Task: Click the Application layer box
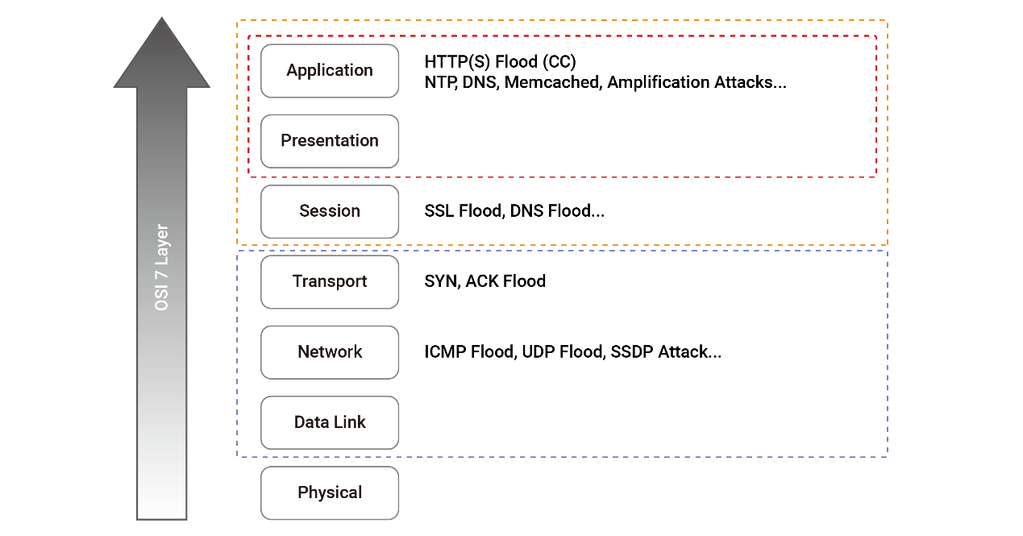(x=329, y=71)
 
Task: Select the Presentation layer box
(x=329, y=141)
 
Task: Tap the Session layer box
(x=329, y=211)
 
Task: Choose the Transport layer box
(x=329, y=281)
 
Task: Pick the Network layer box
(x=329, y=352)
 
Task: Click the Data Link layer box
(x=329, y=422)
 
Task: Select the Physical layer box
(x=329, y=492)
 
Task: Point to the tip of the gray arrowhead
(x=161, y=18)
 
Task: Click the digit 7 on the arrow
(x=161, y=275)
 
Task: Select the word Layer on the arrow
(x=161, y=245)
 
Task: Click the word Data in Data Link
(x=310, y=422)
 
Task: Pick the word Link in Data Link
(x=350, y=422)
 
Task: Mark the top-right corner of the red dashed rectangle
(x=876, y=35)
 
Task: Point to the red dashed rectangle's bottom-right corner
(x=876, y=175)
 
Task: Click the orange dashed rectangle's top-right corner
(x=888, y=21)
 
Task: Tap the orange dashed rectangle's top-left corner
(x=237, y=21)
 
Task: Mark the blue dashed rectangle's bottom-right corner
(x=888, y=456)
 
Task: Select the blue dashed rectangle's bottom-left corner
(x=237, y=456)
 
